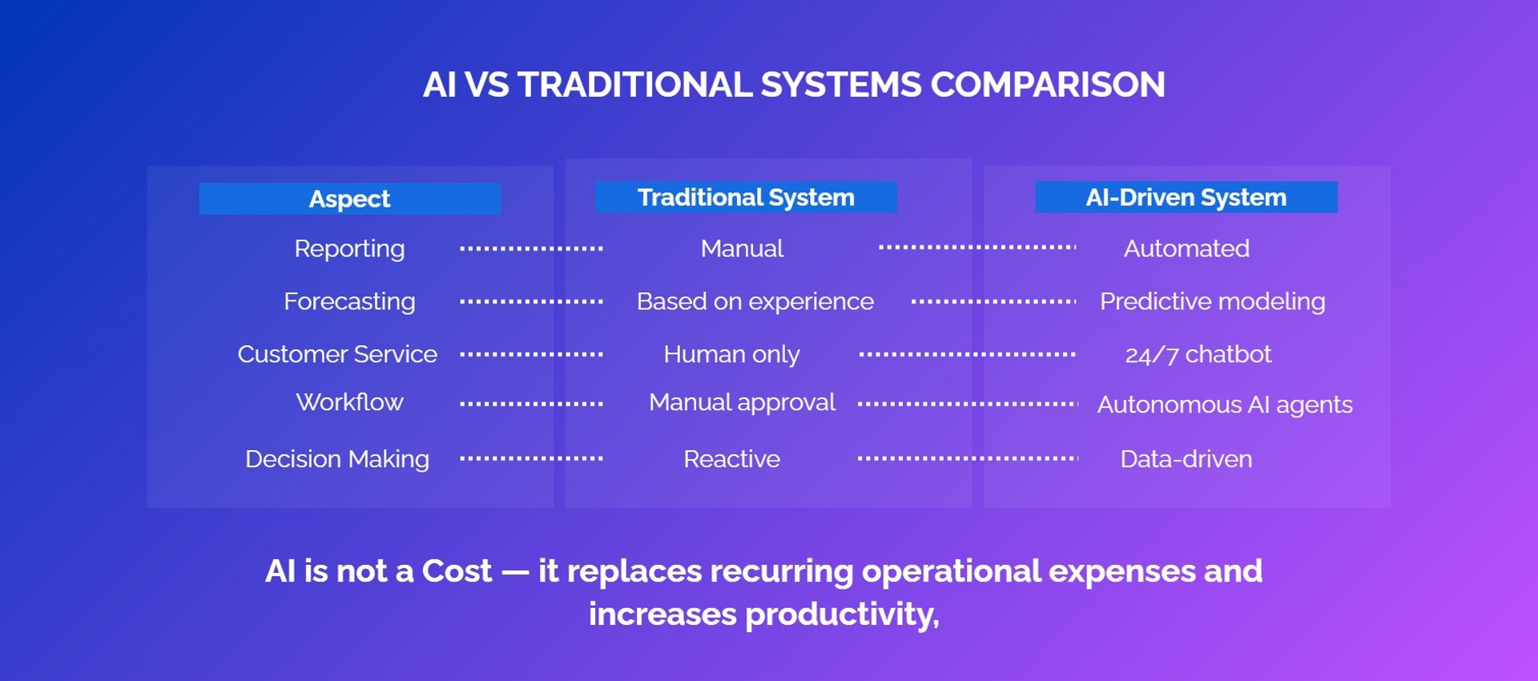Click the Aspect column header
click(349, 199)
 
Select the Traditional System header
click(746, 197)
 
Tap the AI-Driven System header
click(1186, 197)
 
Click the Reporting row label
click(349, 249)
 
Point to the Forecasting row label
click(349, 302)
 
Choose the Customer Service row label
click(337, 354)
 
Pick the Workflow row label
click(349, 402)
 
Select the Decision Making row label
click(337, 460)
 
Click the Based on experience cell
click(755, 302)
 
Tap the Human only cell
click(731, 355)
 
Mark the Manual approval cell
click(742, 403)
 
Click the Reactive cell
click(731, 459)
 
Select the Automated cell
click(1186, 248)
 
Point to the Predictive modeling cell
click(1213, 302)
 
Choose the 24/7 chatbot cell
click(1198, 354)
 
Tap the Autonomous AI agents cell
click(1225, 405)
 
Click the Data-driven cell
click(1186, 459)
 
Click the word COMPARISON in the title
click(1048, 85)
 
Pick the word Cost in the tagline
click(457, 571)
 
